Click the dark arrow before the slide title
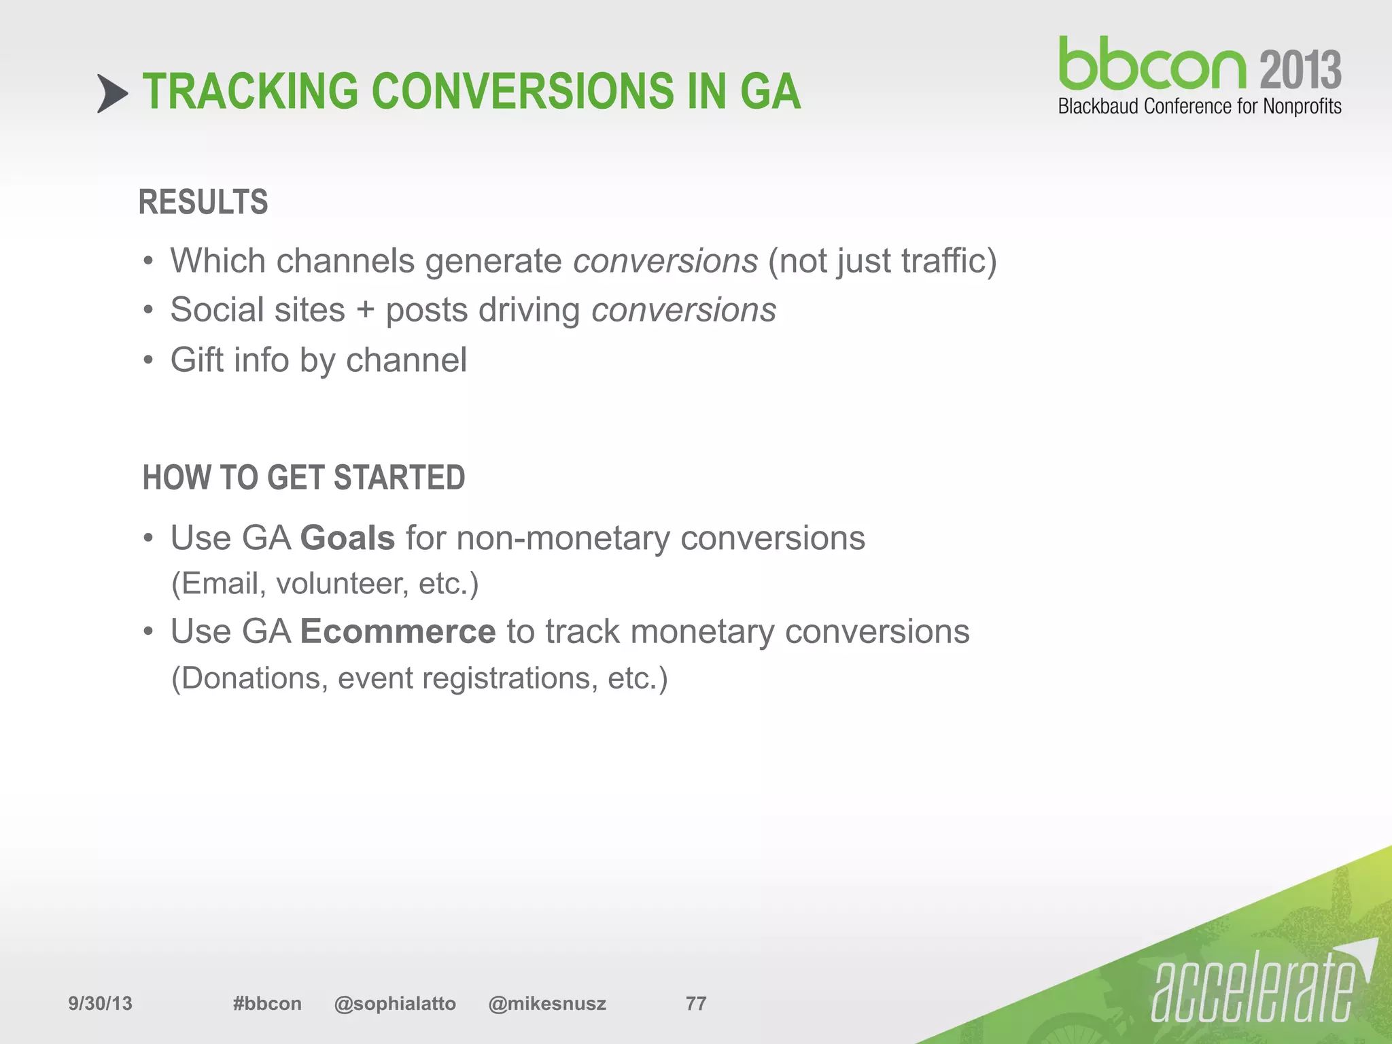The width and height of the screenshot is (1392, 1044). pyautogui.click(x=111, y=93)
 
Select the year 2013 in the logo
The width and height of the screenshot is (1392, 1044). pyautogui.click(x=1300, y=70)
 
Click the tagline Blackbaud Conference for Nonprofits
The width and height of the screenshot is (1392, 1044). pyautogui.click(x=1199, y=107)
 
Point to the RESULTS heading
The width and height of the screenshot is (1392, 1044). pyautogui.click(x=203, y=203)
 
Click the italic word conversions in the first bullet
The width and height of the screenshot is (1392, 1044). pyautogui.click(x=665, y=261)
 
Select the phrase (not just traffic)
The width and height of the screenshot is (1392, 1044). pyautogui.click(x=882, y=261)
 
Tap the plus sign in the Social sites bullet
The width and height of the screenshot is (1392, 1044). pyautogui.click(x=366, y=311)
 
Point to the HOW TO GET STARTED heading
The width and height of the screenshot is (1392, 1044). pyautogui.click(x=304, y=477)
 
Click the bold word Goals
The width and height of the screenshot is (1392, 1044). pyautogui.click(x=347, y=538)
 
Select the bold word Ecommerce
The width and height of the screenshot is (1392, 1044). pyautogui.click(x=398, y=631)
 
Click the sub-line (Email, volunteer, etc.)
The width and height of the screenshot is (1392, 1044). pyautogui.click(x=325, y=584)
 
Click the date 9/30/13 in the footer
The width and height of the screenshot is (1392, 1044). pyautogui.click(x=100, y=1003)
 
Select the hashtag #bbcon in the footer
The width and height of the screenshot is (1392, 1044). pyautogui.click(x=267, y=1003)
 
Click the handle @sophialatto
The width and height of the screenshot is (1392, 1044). pyautogui.click(x=395, y=1003)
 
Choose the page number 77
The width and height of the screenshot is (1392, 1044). pyautogui.click(x=696, y=1003)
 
